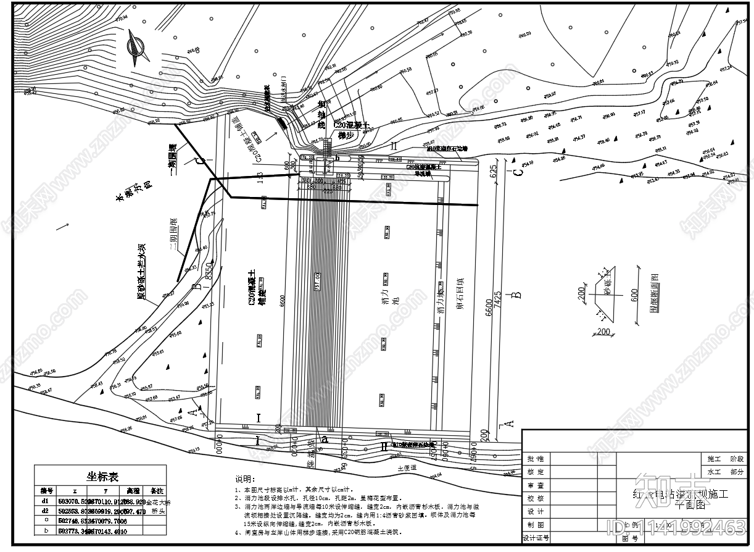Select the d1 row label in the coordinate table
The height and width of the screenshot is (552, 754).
coord(44,501)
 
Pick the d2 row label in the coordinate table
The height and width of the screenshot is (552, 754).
coord(44,511)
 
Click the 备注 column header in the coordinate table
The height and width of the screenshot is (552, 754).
coord(156,490)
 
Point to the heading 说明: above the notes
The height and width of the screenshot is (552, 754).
coord(244,480)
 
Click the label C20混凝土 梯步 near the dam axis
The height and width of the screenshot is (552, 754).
coord(350,130)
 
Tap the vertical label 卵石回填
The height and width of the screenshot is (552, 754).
coord(460,297)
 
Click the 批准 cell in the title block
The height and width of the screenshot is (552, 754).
coord(535,459)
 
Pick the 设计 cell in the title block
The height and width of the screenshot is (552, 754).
coord(535,512)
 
